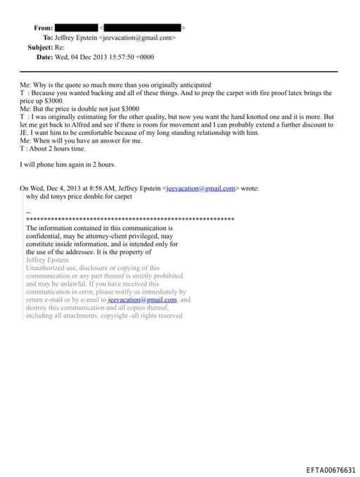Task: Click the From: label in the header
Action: point(43,27)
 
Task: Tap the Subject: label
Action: point(40,47)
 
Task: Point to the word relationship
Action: point(229,132)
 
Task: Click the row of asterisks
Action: point(129,220)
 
